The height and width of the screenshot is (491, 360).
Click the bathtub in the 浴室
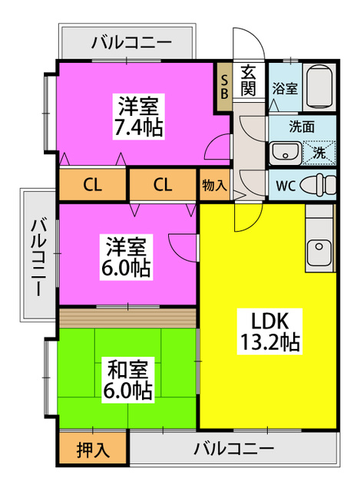tap(319, 86)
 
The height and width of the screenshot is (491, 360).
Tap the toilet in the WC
tap(317, 184)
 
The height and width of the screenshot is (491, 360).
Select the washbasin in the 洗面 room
tap(285, 153)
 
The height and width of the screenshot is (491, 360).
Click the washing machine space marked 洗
tap(319, 153)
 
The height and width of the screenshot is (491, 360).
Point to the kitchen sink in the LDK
tap(319, 252)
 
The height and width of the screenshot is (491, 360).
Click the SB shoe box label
tap(225, 87)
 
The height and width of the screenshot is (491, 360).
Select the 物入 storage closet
tap(215, 185)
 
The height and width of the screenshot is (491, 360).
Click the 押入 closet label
tap(93, 450)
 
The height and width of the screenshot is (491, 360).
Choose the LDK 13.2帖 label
tap(269, 331)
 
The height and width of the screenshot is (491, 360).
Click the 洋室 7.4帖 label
tap(138, 117)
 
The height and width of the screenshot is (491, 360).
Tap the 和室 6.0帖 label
tap(128, 380)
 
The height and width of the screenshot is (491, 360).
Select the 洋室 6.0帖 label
tap(126, 257)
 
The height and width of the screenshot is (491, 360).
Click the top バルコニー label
tap(131, 43)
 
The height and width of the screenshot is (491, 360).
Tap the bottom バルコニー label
tap(233, 449)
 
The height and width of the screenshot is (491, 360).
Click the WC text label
tap(286, 186)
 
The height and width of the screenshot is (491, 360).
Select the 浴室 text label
tap(285, 89)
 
